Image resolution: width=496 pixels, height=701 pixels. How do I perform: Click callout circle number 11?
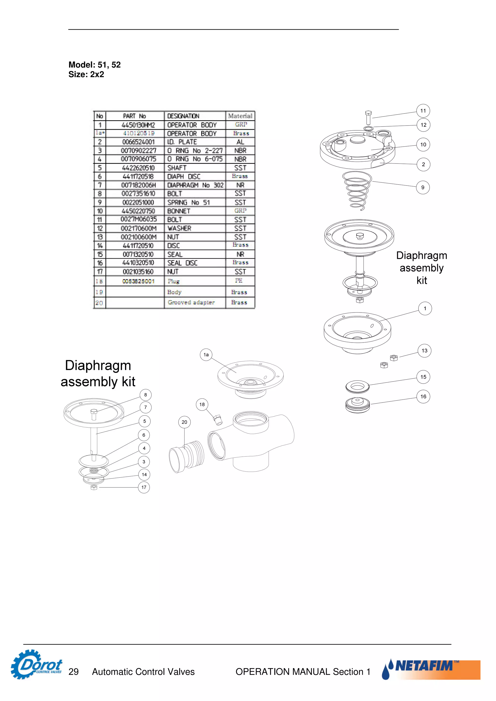click(x=423, y=111)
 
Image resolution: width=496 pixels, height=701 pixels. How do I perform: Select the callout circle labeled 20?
click(x=184, y=422)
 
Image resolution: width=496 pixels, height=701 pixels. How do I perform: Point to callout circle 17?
click(x=144, y=487)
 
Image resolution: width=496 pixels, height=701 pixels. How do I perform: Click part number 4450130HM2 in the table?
click(x=138, y=125)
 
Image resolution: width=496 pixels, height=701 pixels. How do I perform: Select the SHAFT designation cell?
click(x=177, y=168)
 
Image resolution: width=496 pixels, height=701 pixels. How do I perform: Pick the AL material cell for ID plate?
click(x=240, y=142)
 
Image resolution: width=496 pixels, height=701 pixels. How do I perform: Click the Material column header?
click(x=240, y=116)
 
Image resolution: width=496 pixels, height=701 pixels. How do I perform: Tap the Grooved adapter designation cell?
click(x=191, y=302)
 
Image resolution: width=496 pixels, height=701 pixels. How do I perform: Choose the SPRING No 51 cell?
click(x=189, y=202)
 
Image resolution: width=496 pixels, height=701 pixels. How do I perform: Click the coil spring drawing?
click(x=357, y=191)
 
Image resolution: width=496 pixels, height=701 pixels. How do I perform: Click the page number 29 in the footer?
click(x=73, y=672)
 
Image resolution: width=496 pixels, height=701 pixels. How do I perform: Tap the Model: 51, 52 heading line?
click(x=94, y=65)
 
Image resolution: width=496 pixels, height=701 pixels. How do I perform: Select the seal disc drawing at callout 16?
click(x=357, y=405)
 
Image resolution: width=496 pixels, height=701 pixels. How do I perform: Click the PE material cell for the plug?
click(x=239, y=280)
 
